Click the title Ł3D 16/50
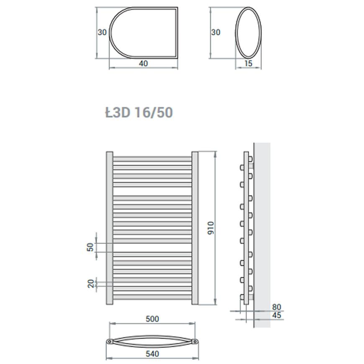(x=139, y=113)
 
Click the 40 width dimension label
(x=144, y=63)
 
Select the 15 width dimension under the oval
(x=248, y=63)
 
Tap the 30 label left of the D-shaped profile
(x=102, y=32)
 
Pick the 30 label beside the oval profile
(x=215, y=32)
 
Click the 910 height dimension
(x=211, y=228)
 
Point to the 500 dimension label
(x=152, y=319)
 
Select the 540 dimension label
(x=152, y=354)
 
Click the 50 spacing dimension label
(x=90, y=247)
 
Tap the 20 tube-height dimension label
(x=91, y=284)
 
